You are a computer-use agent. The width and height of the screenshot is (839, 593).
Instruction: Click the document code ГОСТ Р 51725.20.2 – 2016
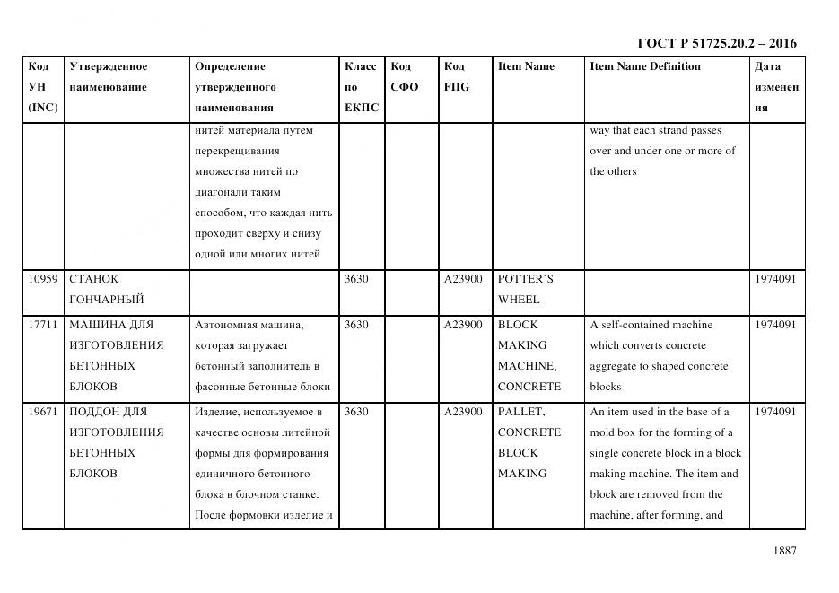click(x=717, y=43)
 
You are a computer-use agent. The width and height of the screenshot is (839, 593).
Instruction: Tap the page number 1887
click(x=783, y=551)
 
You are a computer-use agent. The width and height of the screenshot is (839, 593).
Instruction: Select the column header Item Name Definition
click(x=644, y=66)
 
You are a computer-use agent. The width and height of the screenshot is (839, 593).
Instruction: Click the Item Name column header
click(x=526, y=66)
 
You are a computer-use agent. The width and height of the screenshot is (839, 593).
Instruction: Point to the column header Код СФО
click(x=404, y=76)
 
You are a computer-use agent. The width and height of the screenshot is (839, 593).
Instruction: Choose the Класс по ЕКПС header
click(x=361, y=87)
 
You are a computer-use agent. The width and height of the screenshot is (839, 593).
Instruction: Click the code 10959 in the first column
click(x=41, y=279)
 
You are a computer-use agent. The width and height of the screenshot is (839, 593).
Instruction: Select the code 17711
click(x=41, y=325)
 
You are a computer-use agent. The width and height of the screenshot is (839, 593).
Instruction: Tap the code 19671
click(x=41, y=412)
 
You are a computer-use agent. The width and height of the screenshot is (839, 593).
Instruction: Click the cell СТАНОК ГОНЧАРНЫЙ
click(x=106, y=289)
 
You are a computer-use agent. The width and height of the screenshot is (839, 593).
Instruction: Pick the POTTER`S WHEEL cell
click(x=526, y=289)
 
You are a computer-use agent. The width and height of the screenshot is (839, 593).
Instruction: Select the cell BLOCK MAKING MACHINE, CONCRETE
click(x=529, y=355)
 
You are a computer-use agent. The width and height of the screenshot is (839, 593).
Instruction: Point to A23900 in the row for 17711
click(x=463, y=325)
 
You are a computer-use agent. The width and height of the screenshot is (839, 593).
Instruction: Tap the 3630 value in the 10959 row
click(x=356, y=279)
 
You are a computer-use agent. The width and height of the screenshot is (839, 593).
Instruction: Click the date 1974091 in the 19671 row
click(x=776, y=412)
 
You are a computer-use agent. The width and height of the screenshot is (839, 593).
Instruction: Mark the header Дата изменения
click(x=776, y=87)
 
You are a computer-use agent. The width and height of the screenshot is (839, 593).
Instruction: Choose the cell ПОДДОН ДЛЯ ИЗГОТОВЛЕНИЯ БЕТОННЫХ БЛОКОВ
click(x=116, y=442)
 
